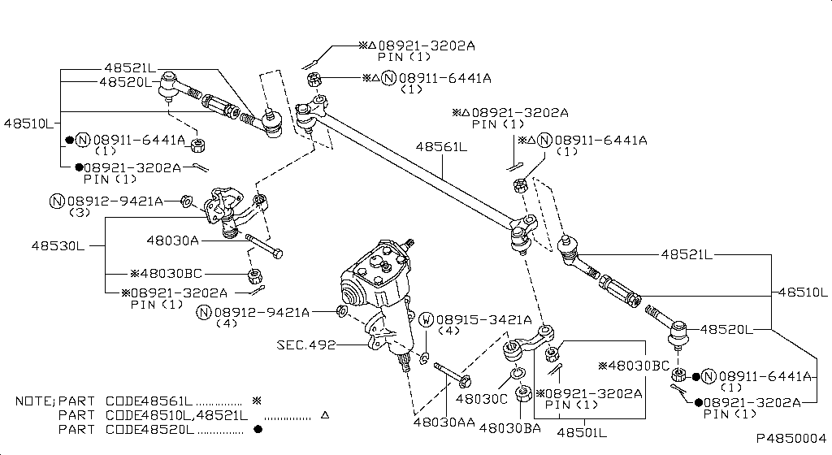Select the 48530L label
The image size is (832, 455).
coord(58,245)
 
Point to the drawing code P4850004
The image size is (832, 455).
coord(791,438)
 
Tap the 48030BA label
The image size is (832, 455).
coord(509,427)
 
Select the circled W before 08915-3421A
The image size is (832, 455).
coord(426,319)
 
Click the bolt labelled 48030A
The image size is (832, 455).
coord(262,247)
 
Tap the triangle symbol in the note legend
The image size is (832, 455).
coord(325,415)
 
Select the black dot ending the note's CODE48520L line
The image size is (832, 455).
coord(258,429)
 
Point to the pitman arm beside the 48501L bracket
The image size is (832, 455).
coord(528,341)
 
